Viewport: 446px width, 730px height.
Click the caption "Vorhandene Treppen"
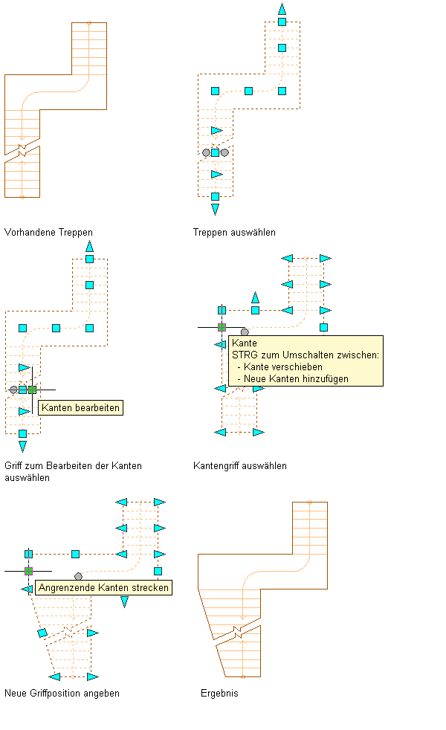pyautogui.click(x=48, y=232)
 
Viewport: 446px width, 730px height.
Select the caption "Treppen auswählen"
pyautogui.click(x=234, y=232)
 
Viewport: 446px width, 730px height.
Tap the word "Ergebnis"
pyautogui.click(x=219, y=693)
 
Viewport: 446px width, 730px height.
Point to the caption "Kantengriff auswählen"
pyautogui.click(x=239, y=465)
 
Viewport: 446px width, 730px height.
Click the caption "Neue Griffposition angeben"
pyautogui.click(x=62, y=693)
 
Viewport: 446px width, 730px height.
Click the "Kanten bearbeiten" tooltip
pyautogui.click(x=80, y=407)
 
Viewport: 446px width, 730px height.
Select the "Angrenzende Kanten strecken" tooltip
pyautogui.click(x=103, y=587)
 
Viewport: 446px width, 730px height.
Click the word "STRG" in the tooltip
pyautogui.click(x=245, y=355)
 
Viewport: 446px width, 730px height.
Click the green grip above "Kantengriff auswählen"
pyautogui.click(x=222, y=326)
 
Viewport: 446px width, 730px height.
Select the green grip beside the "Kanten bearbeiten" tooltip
pyautogui.click(x=32, y=389)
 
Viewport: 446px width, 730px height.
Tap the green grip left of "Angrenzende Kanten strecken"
pyautogui.click(x=28, y=571)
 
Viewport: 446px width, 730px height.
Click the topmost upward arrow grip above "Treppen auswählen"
pyautogui.click(x=282, y=9)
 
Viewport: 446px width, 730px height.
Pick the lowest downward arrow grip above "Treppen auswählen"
pyautogui.click(x=215, y=210)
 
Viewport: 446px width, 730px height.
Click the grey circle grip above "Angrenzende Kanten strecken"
pyautogui.click(x=78, y=576)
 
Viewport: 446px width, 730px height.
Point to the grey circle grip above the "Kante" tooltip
pyautogui.click(x=245, y=332)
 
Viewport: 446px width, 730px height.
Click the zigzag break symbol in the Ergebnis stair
pyautogui.click(x=237, y=632)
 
